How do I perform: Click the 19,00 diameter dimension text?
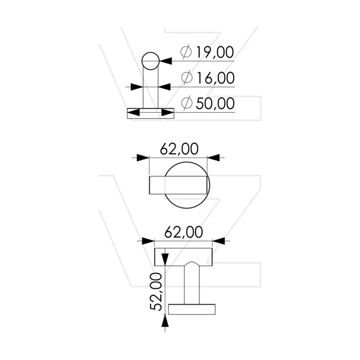coord(215,52)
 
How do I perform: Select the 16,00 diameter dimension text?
coord(215,78)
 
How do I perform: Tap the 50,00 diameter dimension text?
coord(215,104)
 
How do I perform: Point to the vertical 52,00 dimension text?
coord(156,291)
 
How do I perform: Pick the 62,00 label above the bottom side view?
coord(184,232)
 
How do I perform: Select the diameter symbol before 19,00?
coord(186,52)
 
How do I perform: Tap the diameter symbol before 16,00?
coord(186,78)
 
